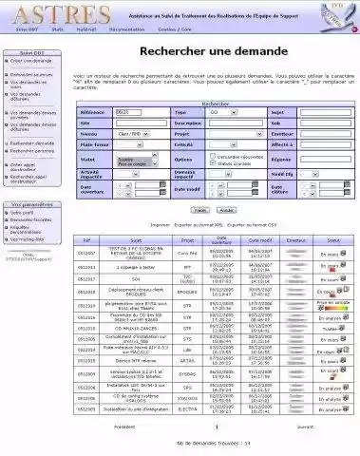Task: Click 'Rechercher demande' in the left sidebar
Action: click(31, 142)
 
